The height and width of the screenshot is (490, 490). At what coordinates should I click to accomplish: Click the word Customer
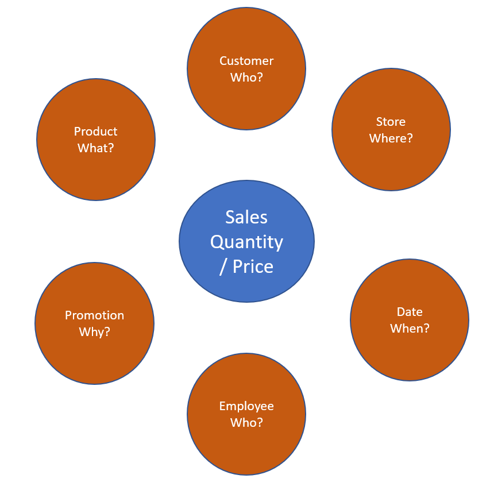(x=246, y=61)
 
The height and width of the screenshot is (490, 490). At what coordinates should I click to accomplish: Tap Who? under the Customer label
(x=246, y=77)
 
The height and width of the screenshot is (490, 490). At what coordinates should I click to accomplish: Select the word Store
(x=391, y=122)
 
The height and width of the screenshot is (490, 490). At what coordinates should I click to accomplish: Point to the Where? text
(x=391, y=138)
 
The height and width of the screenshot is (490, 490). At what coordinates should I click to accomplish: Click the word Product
(x=95, y=131)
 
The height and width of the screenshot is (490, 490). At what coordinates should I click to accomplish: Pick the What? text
(x=95, y=148)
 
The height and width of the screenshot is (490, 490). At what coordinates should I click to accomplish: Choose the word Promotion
(x=94, y=315)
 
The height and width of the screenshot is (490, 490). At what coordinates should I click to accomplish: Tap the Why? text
(x=94, y=332)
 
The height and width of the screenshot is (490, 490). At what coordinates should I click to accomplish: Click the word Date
(x=410, y=312)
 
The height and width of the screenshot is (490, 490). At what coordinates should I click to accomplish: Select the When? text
(x=410, y=329)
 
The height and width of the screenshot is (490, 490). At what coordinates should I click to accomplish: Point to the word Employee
(x=246, y=406)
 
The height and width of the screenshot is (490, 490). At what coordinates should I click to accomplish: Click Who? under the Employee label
(x=246, y=422)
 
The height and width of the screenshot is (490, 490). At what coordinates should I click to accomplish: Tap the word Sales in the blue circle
(x=246, y=217)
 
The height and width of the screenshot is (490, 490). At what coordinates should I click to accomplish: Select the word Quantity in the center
(x=246, y=242)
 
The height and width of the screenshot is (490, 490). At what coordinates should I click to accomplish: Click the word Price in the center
(x=253, y=267)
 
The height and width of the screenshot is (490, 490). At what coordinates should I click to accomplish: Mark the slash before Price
(x=223, y=267)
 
